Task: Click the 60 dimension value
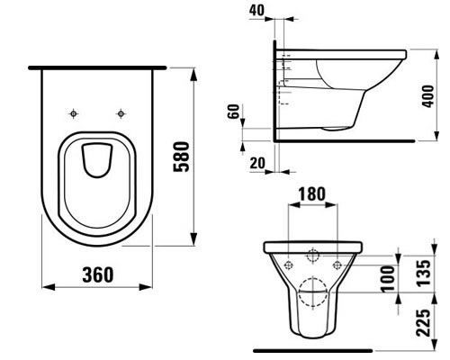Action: pyautogui.click(x=235, y=112)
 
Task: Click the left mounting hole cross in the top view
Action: pyautogui.click(x=74, y=113)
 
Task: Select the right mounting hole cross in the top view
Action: pyautogui.click(x=120, y=113)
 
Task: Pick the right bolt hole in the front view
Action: pyautogui.click(x=336, y=265)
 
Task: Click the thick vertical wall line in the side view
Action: pyautogui.click(x=274, y=90)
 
